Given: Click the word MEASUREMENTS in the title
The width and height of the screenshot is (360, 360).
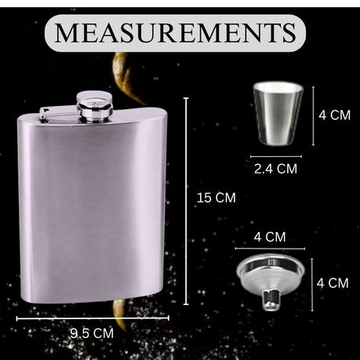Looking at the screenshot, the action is pos(175,32).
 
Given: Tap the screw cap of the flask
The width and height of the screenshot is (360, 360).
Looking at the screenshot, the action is pos(95,107).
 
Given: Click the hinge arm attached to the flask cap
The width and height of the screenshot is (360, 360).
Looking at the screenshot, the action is pos(58,114).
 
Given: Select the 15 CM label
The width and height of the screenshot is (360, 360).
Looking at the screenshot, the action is pos(216,198).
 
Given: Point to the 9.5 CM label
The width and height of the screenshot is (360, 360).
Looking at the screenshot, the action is pos(92,333).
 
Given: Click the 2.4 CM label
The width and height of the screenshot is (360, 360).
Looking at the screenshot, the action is pos(275,169).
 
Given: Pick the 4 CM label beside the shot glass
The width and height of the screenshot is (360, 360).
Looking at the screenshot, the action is pos(334,115).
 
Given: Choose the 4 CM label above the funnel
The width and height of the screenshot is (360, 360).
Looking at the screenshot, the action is pos(270,237).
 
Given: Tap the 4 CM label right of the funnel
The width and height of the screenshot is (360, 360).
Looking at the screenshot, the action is pos(333,283).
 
